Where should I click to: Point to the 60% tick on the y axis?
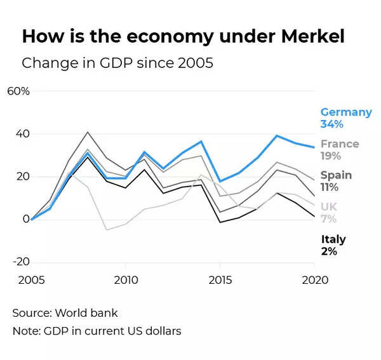click(x=18, y=91)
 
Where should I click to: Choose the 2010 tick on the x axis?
click(x=125, y=280)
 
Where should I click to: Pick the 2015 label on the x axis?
click(x=219, y=280)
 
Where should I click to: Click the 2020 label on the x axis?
click(x=314, y=280)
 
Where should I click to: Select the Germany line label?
click(x=346, y=112)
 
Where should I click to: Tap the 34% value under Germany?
click(x=331, y=124)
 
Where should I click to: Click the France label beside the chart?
click(x=340, y=144)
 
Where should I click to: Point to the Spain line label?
click(x=336, y=175)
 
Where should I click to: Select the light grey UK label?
click(x=329, y=207)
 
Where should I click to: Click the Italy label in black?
click(x=333, y=239)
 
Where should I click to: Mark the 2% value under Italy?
click(x=328, y=251)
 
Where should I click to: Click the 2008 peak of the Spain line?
click(x=88, y=132)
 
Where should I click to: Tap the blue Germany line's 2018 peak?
click(x=277, y=135)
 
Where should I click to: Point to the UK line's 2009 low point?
click(x=107, y=230)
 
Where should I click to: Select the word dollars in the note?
click(x=161, y=331)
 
